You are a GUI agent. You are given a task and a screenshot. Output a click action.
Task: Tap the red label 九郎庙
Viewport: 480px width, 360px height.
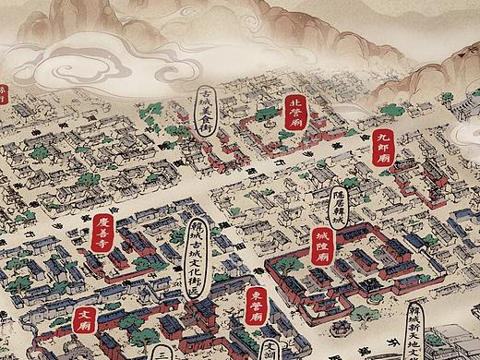tap(385, 146)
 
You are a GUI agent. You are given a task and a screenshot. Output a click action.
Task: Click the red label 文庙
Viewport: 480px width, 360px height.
tap(84, 319)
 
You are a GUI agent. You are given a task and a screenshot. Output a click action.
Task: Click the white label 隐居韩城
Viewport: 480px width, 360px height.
tap(339, 203)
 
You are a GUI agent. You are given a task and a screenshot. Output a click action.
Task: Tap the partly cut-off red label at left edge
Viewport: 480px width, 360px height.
tap(3, 94)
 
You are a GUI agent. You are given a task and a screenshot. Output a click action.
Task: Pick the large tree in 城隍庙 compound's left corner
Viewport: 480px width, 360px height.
tap(288, 266)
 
